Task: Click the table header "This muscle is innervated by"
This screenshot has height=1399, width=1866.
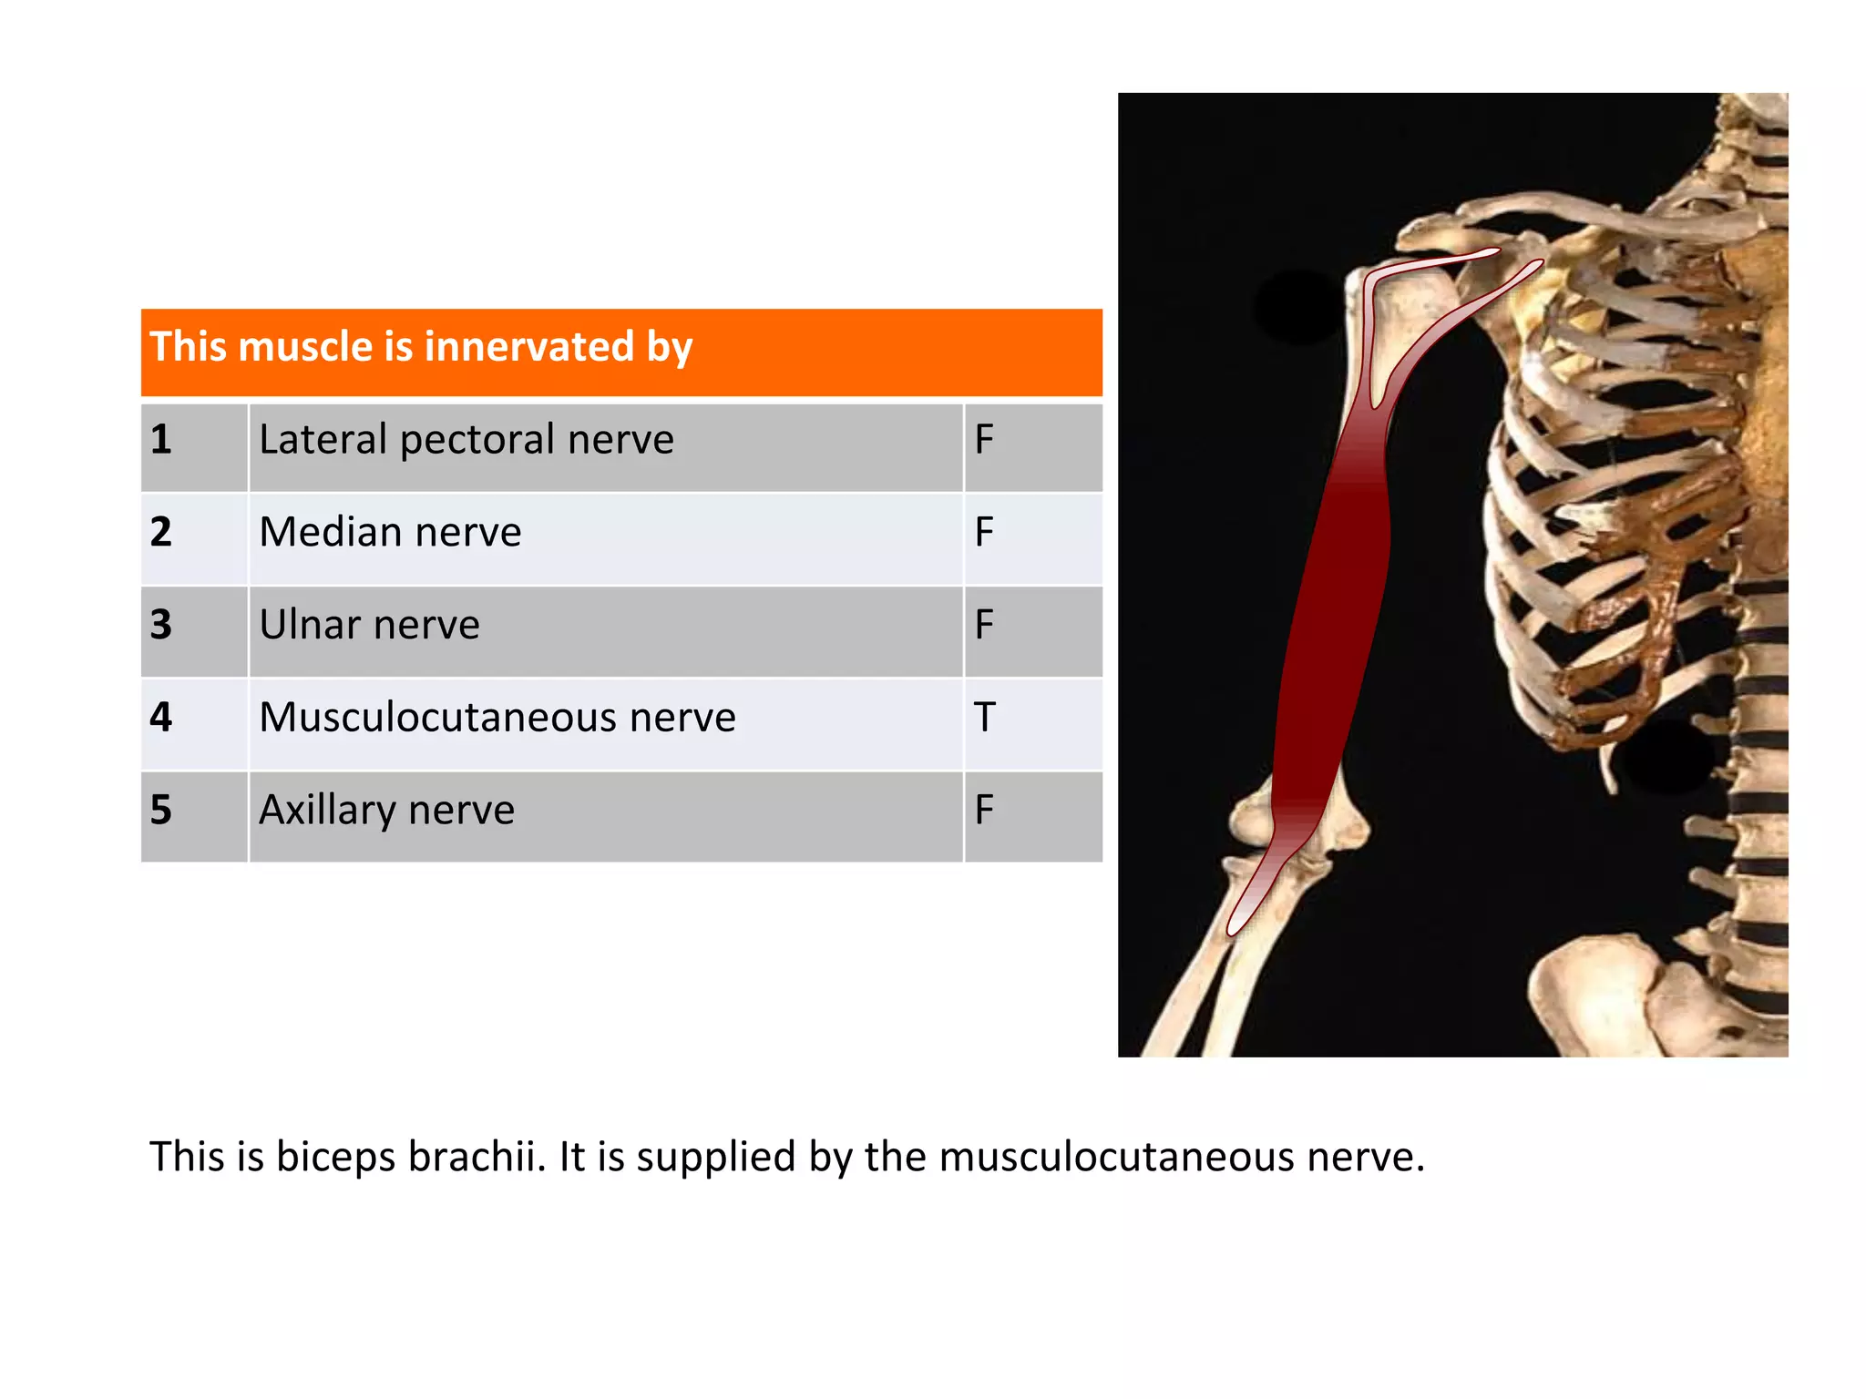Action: [421, 347]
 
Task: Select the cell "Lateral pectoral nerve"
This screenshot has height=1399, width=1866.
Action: [466, 440]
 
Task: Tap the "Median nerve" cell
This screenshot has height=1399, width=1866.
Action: [390, 533]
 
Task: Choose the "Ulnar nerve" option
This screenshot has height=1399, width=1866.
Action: [369, 626]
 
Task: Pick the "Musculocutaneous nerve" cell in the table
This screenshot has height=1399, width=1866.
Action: [497, 718]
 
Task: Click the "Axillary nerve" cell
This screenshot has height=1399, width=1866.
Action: [386, 811]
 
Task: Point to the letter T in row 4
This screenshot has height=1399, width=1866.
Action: [984, 718]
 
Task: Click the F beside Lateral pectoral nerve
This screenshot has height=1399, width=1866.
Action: [984, 440]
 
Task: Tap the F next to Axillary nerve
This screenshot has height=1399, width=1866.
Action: [984, 811]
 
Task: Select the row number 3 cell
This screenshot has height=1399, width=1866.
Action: [161, 626]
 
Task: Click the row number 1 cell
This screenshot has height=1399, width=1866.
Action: [161, 440]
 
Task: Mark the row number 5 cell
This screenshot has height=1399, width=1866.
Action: [161, 811]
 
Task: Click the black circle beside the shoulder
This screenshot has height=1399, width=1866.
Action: [1301, 307]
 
